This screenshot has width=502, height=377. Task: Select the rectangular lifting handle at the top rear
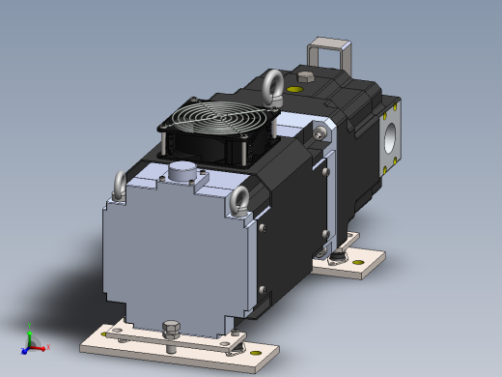pos(328,53)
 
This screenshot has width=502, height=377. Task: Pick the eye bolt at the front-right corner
pos(238,202)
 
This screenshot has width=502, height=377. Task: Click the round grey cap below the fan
pos(181,171)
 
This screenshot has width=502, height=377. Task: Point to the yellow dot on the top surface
pos(296,90)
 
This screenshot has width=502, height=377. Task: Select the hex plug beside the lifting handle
pos(307,76)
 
